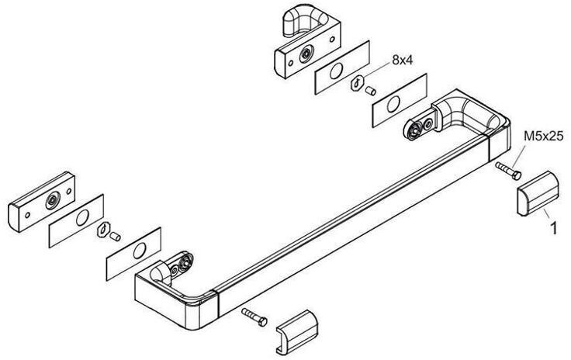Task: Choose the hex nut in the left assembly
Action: (x=102, y=230)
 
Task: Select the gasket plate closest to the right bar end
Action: (x=398, y=99)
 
